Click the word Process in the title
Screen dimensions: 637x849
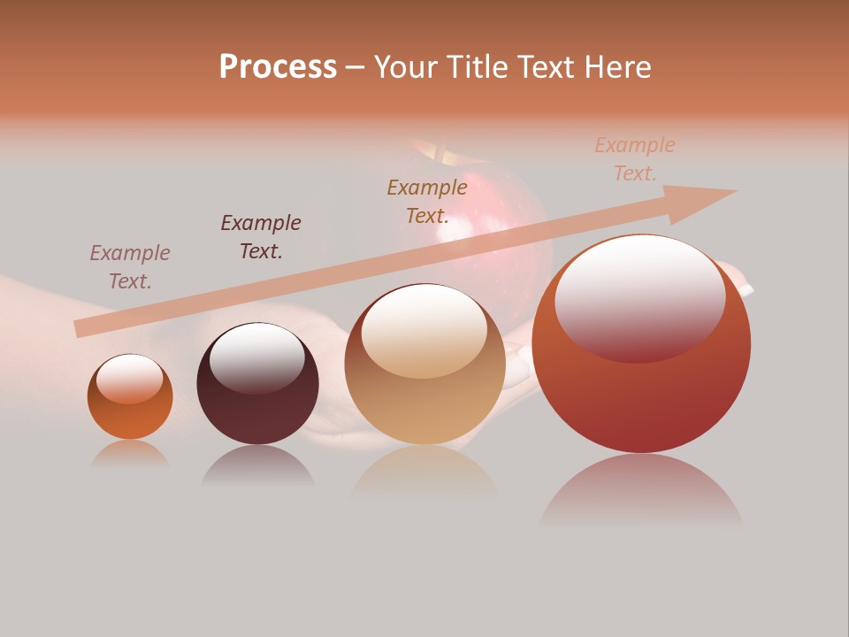click(x=278, y=67)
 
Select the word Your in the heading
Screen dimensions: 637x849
click(x=408, y=67)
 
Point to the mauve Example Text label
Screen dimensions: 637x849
click(x=130, y=267)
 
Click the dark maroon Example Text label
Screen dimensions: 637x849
click(x=261, y=237)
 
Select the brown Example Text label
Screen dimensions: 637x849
click(x=427, y=201)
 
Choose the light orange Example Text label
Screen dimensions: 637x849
click(x=635, y=159)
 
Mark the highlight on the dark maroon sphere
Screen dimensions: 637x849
click(x=256, y=357)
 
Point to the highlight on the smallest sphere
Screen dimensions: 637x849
click(x=130, y=378)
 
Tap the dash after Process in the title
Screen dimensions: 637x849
click(x=356, y=67)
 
